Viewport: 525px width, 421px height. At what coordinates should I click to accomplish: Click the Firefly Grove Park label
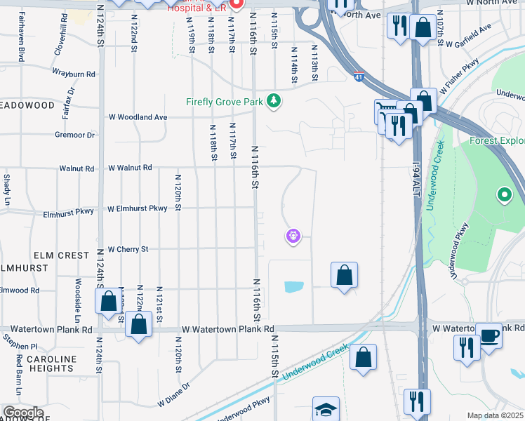225,102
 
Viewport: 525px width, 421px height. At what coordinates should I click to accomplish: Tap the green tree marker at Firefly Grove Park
274,102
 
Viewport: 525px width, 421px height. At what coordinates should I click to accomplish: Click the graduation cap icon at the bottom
326,409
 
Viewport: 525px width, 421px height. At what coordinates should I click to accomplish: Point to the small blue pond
294,286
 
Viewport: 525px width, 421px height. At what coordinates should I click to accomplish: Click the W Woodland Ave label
138,117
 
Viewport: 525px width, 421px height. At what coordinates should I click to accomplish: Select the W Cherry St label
128,249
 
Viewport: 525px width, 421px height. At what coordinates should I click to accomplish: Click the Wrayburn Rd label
73,74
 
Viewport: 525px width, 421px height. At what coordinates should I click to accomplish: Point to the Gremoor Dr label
74,135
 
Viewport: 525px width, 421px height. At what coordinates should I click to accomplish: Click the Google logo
23,413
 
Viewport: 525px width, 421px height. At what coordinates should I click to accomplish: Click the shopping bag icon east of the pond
345,276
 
